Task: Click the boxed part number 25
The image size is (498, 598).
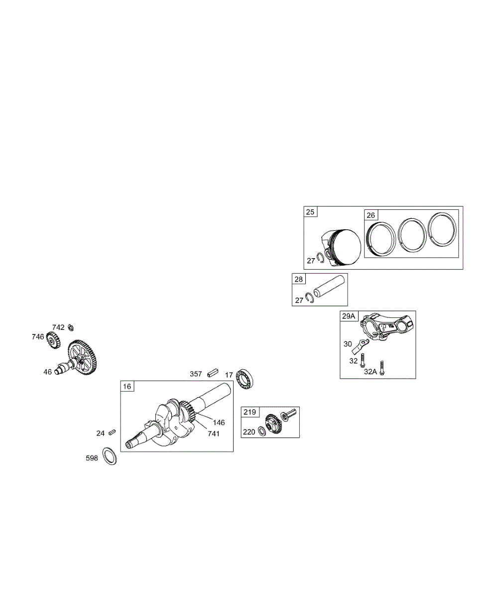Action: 310,212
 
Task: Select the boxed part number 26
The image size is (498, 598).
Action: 371,215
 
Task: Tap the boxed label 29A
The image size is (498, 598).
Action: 349,316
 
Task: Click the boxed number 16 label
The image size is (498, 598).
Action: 127,386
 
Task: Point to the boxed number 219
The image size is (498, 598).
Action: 249,412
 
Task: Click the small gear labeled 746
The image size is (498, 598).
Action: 53,340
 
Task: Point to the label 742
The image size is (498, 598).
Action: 58,327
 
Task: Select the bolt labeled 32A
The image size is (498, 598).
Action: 382,367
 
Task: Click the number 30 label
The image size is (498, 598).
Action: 348,344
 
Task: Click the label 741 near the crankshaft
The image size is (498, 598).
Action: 214,434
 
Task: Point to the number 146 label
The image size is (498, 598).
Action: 219,423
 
